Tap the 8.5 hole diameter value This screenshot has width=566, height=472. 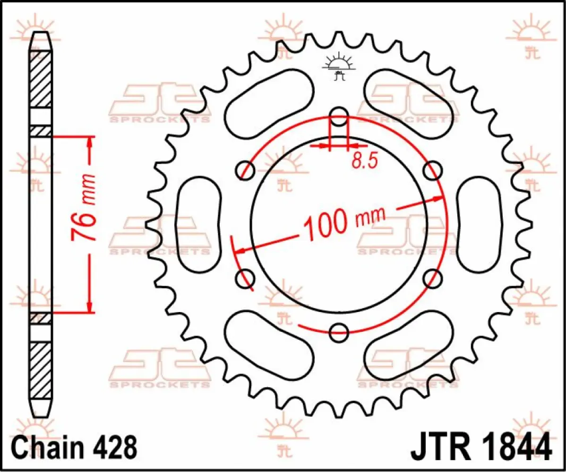[x=364, y=161]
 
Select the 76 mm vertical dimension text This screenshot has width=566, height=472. [x=84, y=208]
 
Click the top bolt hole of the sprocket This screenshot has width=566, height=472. [x=339, y=116]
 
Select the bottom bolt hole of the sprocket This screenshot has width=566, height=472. [x=339, y=332]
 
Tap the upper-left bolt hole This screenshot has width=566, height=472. [x=245, y=169]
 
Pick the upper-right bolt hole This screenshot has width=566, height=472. [x=432, y=169]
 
